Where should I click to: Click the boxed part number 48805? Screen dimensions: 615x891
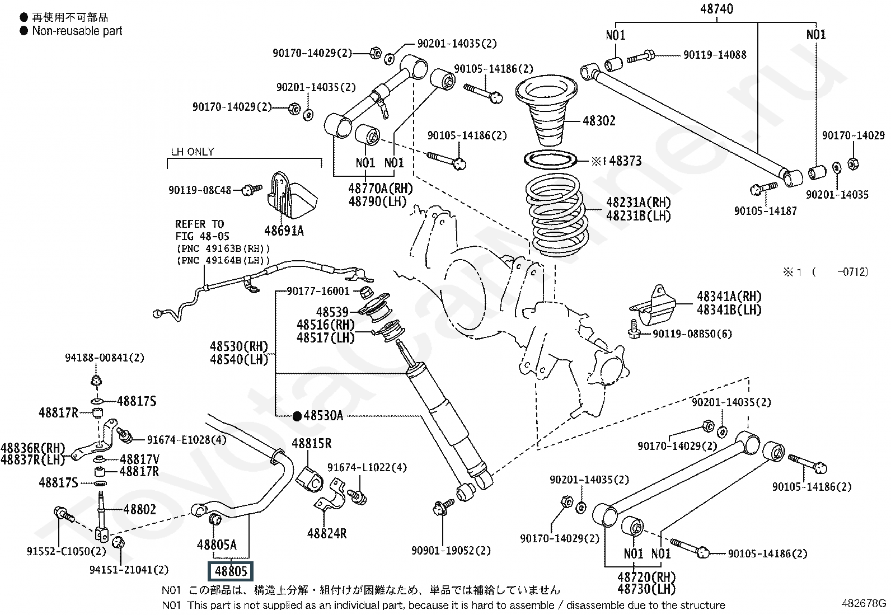pyautogui.click(x=231, y=571)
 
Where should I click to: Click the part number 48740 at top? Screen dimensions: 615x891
pyautogui.click(x=716, y=9)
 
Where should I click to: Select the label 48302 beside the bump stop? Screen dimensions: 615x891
pyautogui.click(x=599, y=121)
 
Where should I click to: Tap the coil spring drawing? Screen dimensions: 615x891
pyautogui.click(x=555, y=215)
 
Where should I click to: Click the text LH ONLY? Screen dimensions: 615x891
pyautogui.click(x=192, y=152)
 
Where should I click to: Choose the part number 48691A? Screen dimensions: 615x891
pyautogui.click(x=284, y=231)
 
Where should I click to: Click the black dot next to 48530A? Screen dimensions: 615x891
pyautogui.click(x=297, y=416)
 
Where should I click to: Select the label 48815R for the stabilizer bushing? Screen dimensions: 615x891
pyautogui.click(x=311, y=444)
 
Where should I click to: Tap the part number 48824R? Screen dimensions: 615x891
pyautogui.click(x=327, y=533)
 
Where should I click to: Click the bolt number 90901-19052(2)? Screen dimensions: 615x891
pyautogui.click(x=451, y=551)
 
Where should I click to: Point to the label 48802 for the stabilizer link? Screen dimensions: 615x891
pyautogui.click(x=139, y=509)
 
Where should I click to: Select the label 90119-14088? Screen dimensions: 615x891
pyautogui.click(x=715, y=55)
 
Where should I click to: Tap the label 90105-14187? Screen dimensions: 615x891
pyautogui.click(x=765, y=211)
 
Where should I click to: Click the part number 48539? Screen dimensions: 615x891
pyautogui.click(x=332, y=312)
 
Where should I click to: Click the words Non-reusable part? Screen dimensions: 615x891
pyautogui.click(x=77, y=31)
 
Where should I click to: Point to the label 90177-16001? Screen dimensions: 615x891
pyautogui.click(x=318, y=291)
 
